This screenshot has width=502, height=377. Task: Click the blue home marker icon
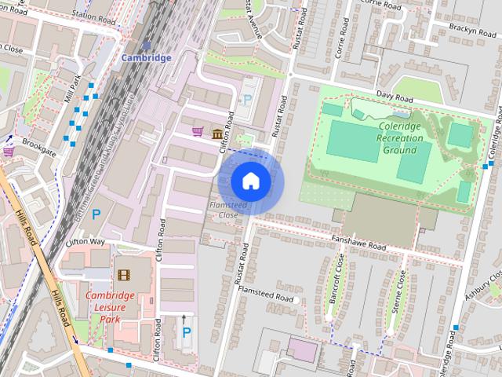pyautogui.click(x=250, y=181)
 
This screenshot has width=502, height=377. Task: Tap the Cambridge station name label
pyautogui.click(x=146, y=58)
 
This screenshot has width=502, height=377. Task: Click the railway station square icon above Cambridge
pyautogui.click(x=147, y=46)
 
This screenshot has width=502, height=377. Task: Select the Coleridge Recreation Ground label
pyautogui.click(x=400, y=138)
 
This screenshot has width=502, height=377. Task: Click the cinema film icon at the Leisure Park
pyautogui.click(x=122, y=274)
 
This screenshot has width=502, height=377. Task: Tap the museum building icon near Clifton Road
pyautogui.click(x=216, y=134)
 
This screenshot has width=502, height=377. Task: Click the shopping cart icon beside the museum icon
pyautogui.click(x=198, y=131)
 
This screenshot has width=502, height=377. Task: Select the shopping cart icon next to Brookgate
pyautogui.click(x=8, y=151)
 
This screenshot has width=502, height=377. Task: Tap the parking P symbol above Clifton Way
pyautogui.click(x=96, y=214)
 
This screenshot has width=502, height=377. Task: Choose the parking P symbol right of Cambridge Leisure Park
pyautogui.click(x=186, y=332)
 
